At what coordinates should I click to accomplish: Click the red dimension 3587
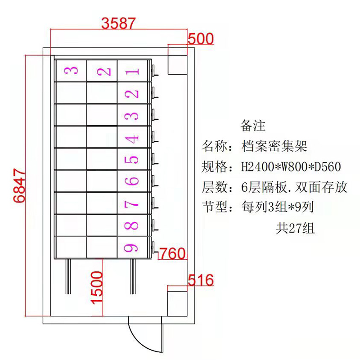pyautogui.click(x=118, y=23)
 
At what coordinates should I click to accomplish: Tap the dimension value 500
pyautogui.click(x=200, y=39)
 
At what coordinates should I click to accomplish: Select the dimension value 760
pyautogui.click(x=172, y=254)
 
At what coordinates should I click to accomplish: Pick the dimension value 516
pyautogui.click(x=200, y=281)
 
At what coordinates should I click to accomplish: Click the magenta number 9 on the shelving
pyautogui.click(x=132, y=247)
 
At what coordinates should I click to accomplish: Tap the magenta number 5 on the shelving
pyautogui.click(x=132, y=160)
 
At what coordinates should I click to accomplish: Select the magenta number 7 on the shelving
pyautogui.click(x=132, y=204)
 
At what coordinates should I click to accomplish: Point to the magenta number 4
pyautogui.click(x=132, y=138)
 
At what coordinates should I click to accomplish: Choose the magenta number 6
pyautogui.click(x=132, y=181)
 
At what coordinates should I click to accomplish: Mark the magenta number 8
pyautogui.click(x=132, y=225)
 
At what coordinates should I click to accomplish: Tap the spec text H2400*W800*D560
pyautogui.click(x=291, y=168)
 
